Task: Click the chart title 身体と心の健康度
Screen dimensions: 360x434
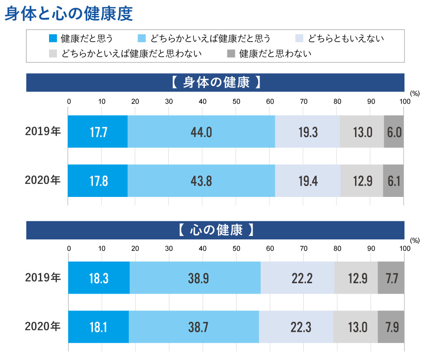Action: pos(68,14)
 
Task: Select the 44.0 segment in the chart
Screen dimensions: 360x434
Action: pos(201,132)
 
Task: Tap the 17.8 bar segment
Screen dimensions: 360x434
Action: pos(98,181)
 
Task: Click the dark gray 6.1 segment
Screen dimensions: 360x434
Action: pos(394,181)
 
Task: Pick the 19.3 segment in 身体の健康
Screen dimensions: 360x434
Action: pos(307,132)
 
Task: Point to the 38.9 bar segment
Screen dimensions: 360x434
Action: pos(195,278)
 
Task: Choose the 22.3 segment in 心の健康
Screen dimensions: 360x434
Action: pos(296,327)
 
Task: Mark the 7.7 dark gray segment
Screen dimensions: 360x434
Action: pos(391,278)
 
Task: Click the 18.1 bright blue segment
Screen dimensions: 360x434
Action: pos(99,327)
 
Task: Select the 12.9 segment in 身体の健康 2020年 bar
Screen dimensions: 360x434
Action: pos(362,181)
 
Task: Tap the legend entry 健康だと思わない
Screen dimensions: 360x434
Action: pos(275,54)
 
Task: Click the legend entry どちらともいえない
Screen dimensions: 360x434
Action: pos(346,39)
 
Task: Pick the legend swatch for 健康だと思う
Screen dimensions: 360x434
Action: pos(53,39)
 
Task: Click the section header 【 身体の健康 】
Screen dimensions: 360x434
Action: pos(215,82)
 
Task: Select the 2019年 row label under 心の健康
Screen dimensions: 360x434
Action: pos(43,278)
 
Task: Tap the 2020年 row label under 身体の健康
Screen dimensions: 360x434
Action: pos(43,181)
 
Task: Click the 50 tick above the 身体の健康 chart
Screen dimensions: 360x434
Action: pos(236,101)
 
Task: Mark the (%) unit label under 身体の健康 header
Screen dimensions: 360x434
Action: pos(414,93)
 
